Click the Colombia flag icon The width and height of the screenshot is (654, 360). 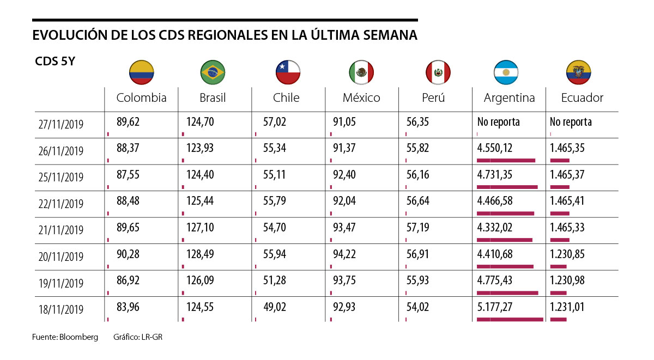coord(142,71)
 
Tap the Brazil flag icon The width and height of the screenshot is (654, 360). coord(213,71)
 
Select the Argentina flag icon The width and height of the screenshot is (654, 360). coord(506,72)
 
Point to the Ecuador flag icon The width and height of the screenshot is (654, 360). coord(579,72)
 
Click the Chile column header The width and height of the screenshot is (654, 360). coord(286,98)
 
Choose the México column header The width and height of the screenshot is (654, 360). coord(361,98)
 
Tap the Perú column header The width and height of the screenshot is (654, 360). coord(433,98)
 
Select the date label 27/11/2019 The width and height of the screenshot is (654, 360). coord(61,125)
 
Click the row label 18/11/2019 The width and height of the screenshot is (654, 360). coord(61,309)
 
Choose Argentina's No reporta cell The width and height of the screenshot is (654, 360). coord(498,122)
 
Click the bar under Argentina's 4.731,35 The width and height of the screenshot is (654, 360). coord(507,187)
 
